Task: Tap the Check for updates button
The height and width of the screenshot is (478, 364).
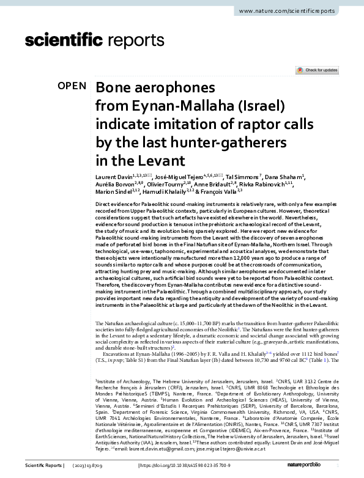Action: pyautogui.click(x=318, y=70)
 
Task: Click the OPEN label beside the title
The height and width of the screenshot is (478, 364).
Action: pyautogui.click(x=72, y=86)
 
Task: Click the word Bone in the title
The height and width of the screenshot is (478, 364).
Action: pyautogui.click(x=113, y=87)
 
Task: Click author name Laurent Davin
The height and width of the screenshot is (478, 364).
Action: pyautogui.click(x=114, y=177)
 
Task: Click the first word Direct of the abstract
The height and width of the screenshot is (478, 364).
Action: pyautogui.click(x=104, y=202)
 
